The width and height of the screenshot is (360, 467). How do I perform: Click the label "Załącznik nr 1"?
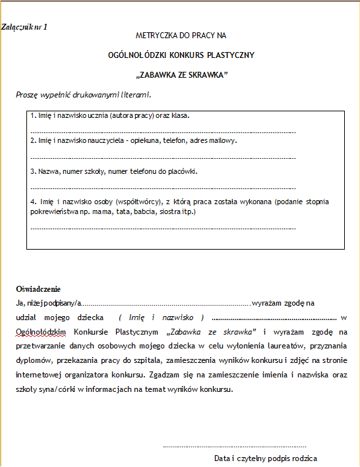coord(25,26)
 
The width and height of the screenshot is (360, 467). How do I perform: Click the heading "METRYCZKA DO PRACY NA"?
coord(181,35)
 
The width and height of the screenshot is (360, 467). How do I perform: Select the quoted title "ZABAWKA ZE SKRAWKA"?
coord(181,74)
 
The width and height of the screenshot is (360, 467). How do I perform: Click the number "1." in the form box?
coord(33,116)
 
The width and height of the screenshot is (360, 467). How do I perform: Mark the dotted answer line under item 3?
coord(163,188)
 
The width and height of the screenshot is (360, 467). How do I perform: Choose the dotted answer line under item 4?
coord(163,229)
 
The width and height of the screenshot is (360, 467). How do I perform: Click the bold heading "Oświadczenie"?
coord(38,289)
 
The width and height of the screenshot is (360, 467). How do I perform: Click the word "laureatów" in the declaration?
coord(280,346)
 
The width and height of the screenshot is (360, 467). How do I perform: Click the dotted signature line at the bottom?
coord(234,446)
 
